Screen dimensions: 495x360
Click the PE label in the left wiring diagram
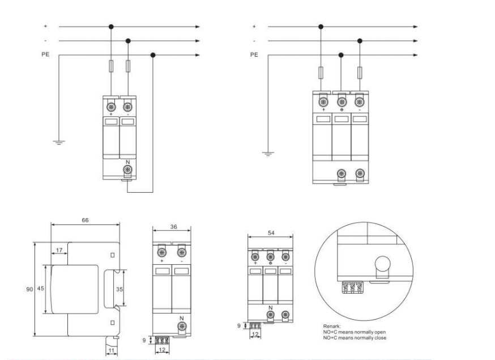click(x=45, y=54)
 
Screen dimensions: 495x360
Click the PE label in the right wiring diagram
click(x=254, y=54)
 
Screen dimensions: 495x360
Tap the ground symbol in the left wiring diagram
click(x=59, y=142)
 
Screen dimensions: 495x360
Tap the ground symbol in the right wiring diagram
click(x=268, y=154)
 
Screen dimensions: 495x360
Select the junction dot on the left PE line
click(x=153, y=55)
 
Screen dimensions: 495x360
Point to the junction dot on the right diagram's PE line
click(x=341, y=55)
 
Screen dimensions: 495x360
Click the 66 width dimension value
click(x=85, y=220)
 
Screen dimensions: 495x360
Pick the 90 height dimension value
click(x=29, y=289)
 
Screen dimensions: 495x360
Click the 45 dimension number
click(x=41, y=288)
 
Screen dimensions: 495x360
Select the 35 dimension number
click(x=120, y=289)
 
